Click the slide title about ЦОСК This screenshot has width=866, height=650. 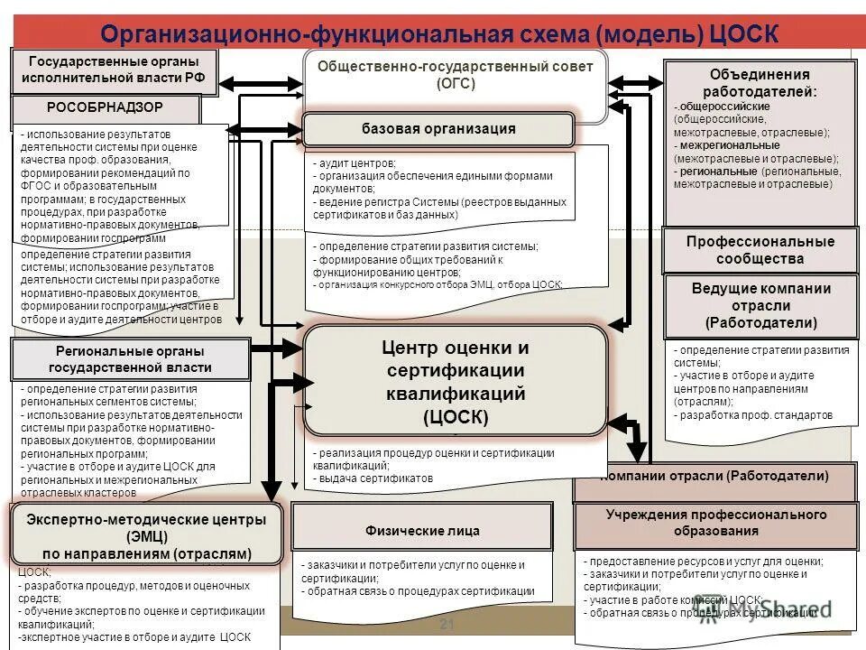click(439, 32)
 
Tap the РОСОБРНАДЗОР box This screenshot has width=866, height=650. click(105, 107)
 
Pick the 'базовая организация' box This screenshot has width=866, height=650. click(438, 129)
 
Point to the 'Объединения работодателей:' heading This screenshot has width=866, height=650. click(760, 82)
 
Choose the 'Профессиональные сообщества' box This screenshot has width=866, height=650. click(760, 250)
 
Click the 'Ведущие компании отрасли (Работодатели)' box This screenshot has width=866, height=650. click(760, 305)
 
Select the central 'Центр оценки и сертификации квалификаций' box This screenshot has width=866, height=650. click(456, 382)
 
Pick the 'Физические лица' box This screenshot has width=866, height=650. click(421, 531)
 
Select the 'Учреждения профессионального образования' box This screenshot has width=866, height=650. click(714, 523)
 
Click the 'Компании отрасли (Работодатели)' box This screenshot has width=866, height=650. click(715, 476)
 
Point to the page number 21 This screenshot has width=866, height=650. click(445, 626)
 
